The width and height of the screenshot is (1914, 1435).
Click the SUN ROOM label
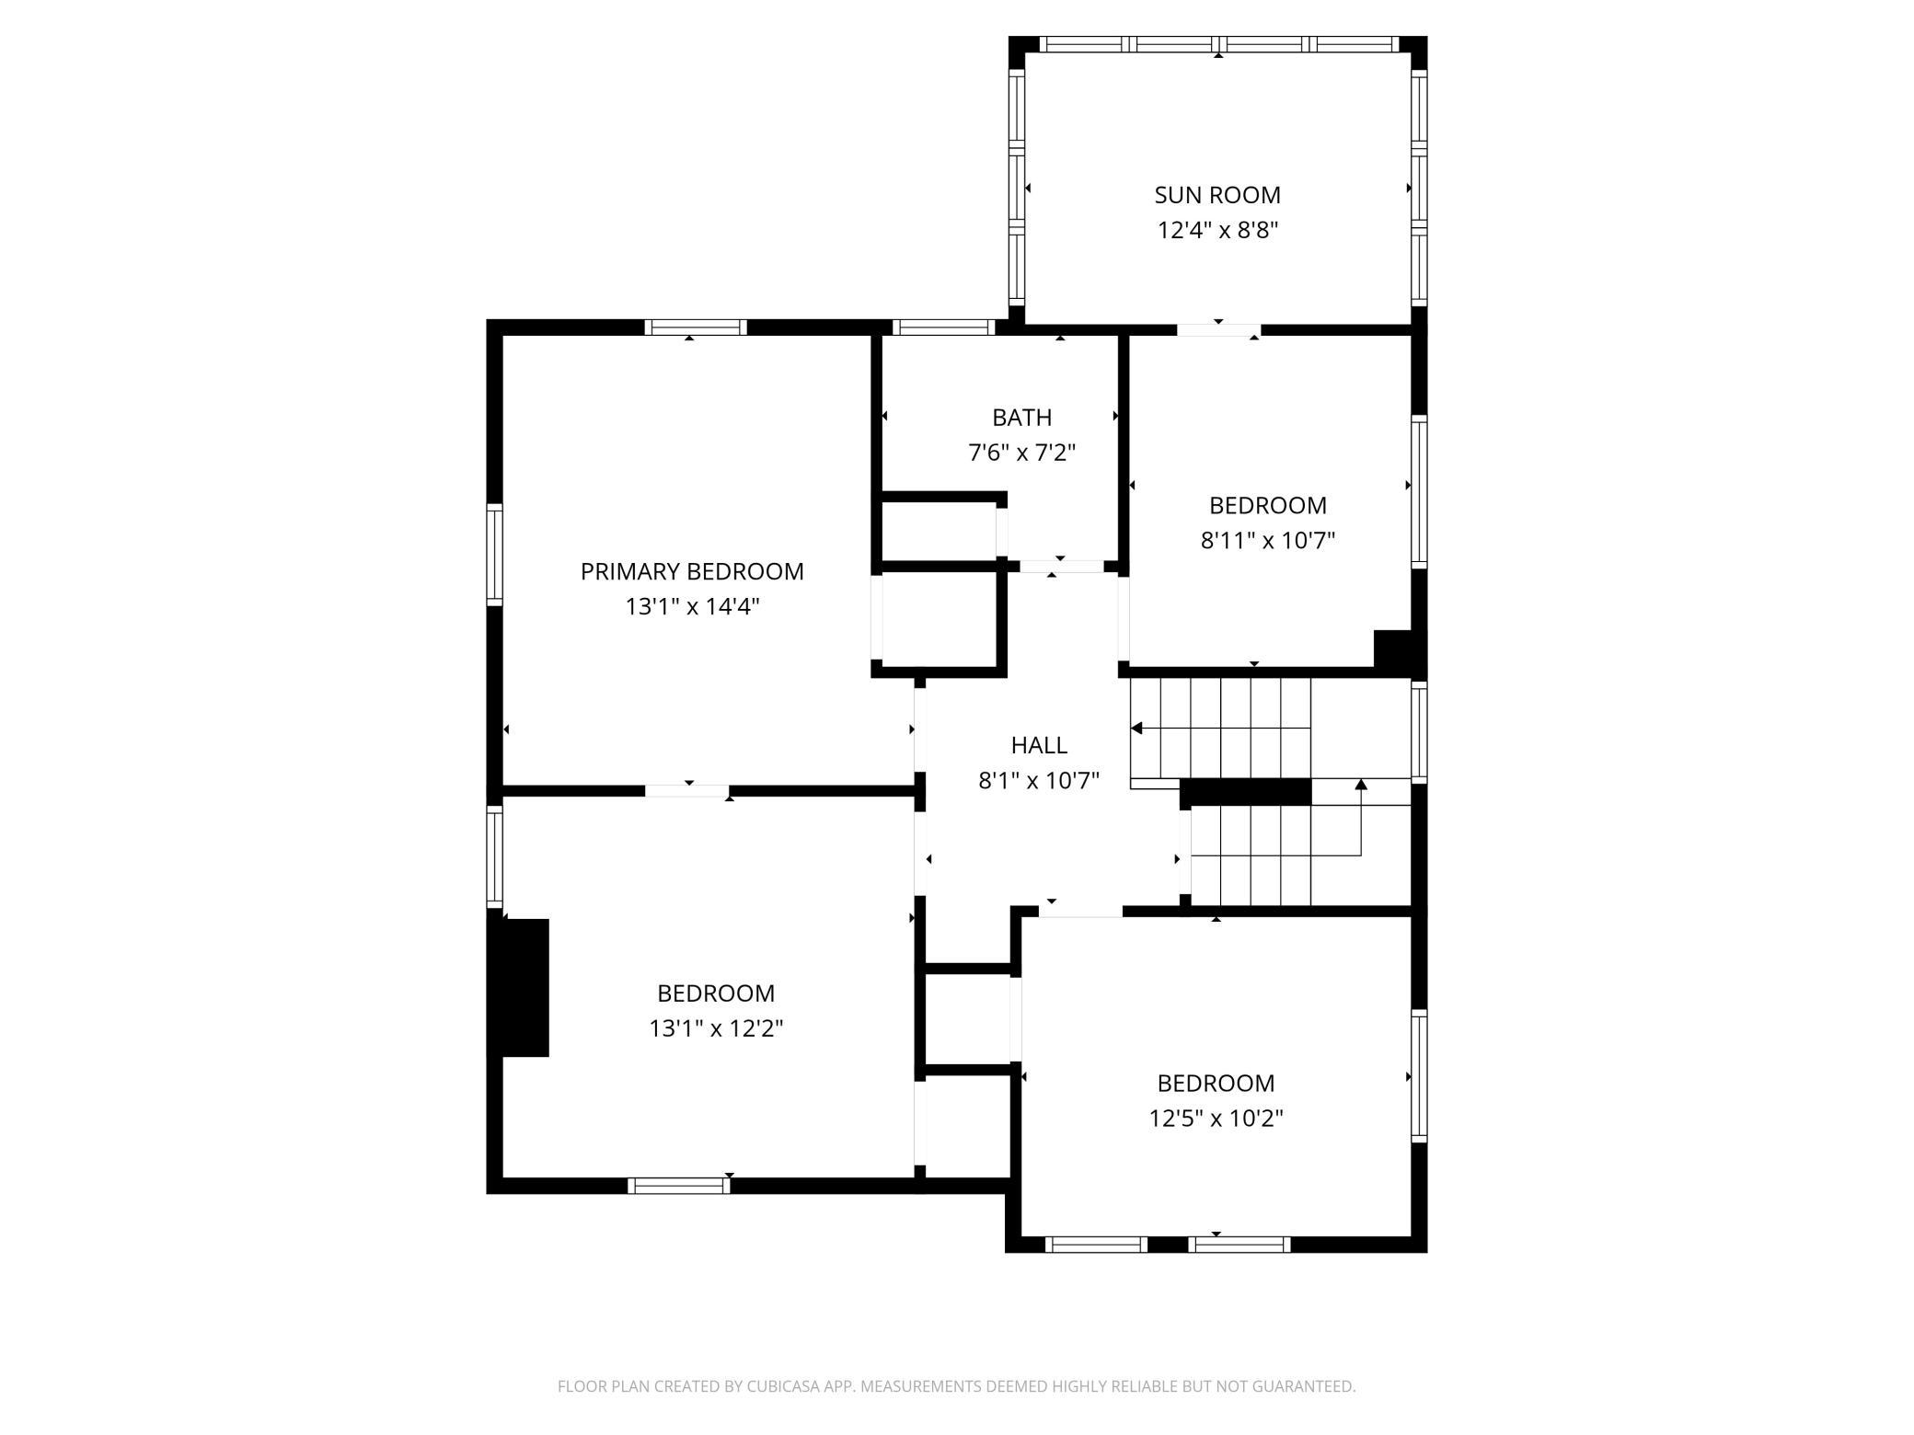tap(1217, 195)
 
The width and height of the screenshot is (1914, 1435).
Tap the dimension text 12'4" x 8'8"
tap(1217, 230)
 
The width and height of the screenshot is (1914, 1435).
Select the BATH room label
tap(1021, 418)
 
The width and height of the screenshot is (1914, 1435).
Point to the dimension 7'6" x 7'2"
tap(1021, 453)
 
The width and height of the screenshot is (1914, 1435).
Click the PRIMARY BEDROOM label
tap(692, 571)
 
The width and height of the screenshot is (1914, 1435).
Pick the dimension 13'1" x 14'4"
tap(692, 606)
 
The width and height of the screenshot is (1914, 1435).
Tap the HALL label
tap(1039, 745)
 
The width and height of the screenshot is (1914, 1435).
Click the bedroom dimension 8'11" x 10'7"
tap(1267, 540)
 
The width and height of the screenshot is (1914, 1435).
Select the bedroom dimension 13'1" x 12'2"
tap(716, 1027)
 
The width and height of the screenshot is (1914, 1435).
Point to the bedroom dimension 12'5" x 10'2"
tap(1216, 1118)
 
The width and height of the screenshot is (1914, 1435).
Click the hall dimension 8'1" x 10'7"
tap(1039, 780)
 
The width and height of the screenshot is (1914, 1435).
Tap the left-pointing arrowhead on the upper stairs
tap(1136, 729)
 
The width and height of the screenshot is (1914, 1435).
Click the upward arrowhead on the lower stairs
tap(1361, 785)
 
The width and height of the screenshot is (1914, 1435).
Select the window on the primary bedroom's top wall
tap(695, 327)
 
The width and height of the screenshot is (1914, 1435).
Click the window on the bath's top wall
tap(944, 327)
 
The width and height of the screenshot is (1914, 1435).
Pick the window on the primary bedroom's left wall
tap(495, 555)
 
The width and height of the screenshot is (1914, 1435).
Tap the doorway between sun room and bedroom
tap(1218, 330)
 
